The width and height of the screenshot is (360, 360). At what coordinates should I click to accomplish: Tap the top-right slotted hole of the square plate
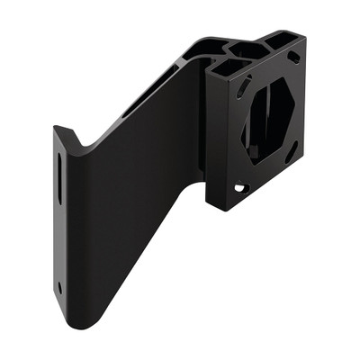click(293, 58)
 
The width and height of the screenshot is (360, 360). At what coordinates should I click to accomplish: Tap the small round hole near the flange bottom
click(60, 288)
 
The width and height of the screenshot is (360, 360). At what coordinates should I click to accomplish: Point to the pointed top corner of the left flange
click(55, 127)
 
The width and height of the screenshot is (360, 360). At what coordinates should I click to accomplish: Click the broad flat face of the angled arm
click(135, 207)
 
